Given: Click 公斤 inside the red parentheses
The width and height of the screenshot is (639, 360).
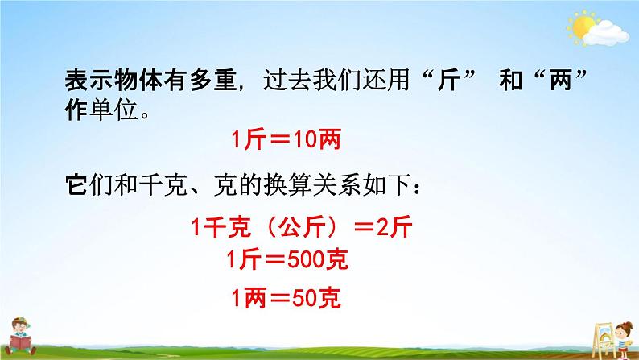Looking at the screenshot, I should click(294, 229).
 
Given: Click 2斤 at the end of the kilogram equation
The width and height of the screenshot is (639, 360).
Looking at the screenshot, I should click(394, 229).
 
